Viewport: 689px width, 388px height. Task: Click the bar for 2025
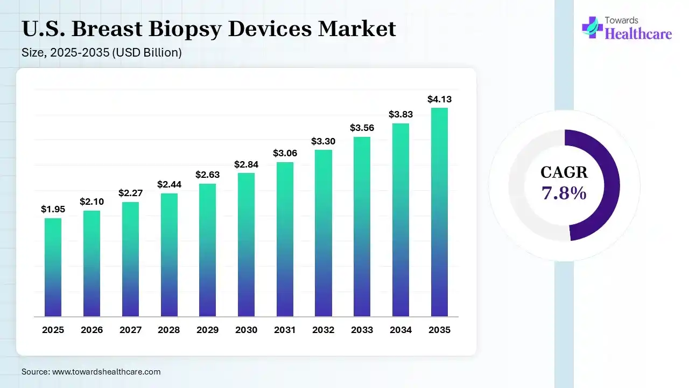(x=53, y=267)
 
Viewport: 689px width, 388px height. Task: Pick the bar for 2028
(x=168, y=254)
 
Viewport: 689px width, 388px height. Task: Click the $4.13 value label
(x=439, y=99)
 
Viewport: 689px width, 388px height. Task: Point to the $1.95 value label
(x=53, y=209)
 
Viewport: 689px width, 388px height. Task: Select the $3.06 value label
(x=285, y=154)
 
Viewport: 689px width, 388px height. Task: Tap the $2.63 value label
(x=207, y=175)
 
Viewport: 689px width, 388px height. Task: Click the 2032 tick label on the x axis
(x=324, y=330)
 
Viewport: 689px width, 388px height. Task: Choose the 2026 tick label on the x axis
(x=92, y=330)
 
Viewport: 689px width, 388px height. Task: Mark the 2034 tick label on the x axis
(x=400, y=330)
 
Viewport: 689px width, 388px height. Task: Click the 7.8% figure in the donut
(x=564, y=193)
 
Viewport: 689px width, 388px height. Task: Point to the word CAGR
(x=564, y=172)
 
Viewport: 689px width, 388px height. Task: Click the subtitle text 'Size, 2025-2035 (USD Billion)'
(x=102, y=53)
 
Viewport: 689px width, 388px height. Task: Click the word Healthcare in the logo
(x=638, y=34)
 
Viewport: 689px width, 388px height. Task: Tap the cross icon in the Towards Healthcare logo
(x=592, y=27)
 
